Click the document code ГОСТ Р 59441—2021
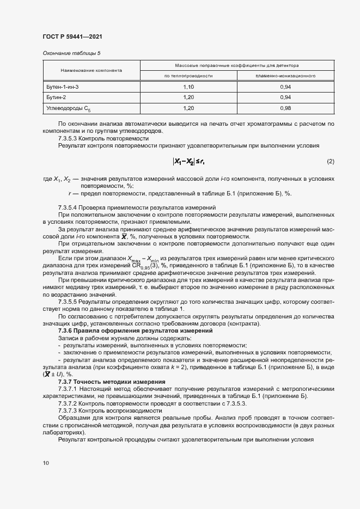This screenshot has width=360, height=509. click(72, 36)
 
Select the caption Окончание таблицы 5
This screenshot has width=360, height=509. click(71, 53)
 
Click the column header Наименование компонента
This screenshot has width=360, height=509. click(91, 70)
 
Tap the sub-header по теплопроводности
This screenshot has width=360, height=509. click(188, 76)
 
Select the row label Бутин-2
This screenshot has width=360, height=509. click(57, 97)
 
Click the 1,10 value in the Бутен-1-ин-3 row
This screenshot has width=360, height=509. click(188, 87)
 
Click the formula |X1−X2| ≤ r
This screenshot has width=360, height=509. click(188, 162)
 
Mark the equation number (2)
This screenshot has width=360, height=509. click(330, 162)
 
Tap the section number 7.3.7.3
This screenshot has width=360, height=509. click(66, 410)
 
